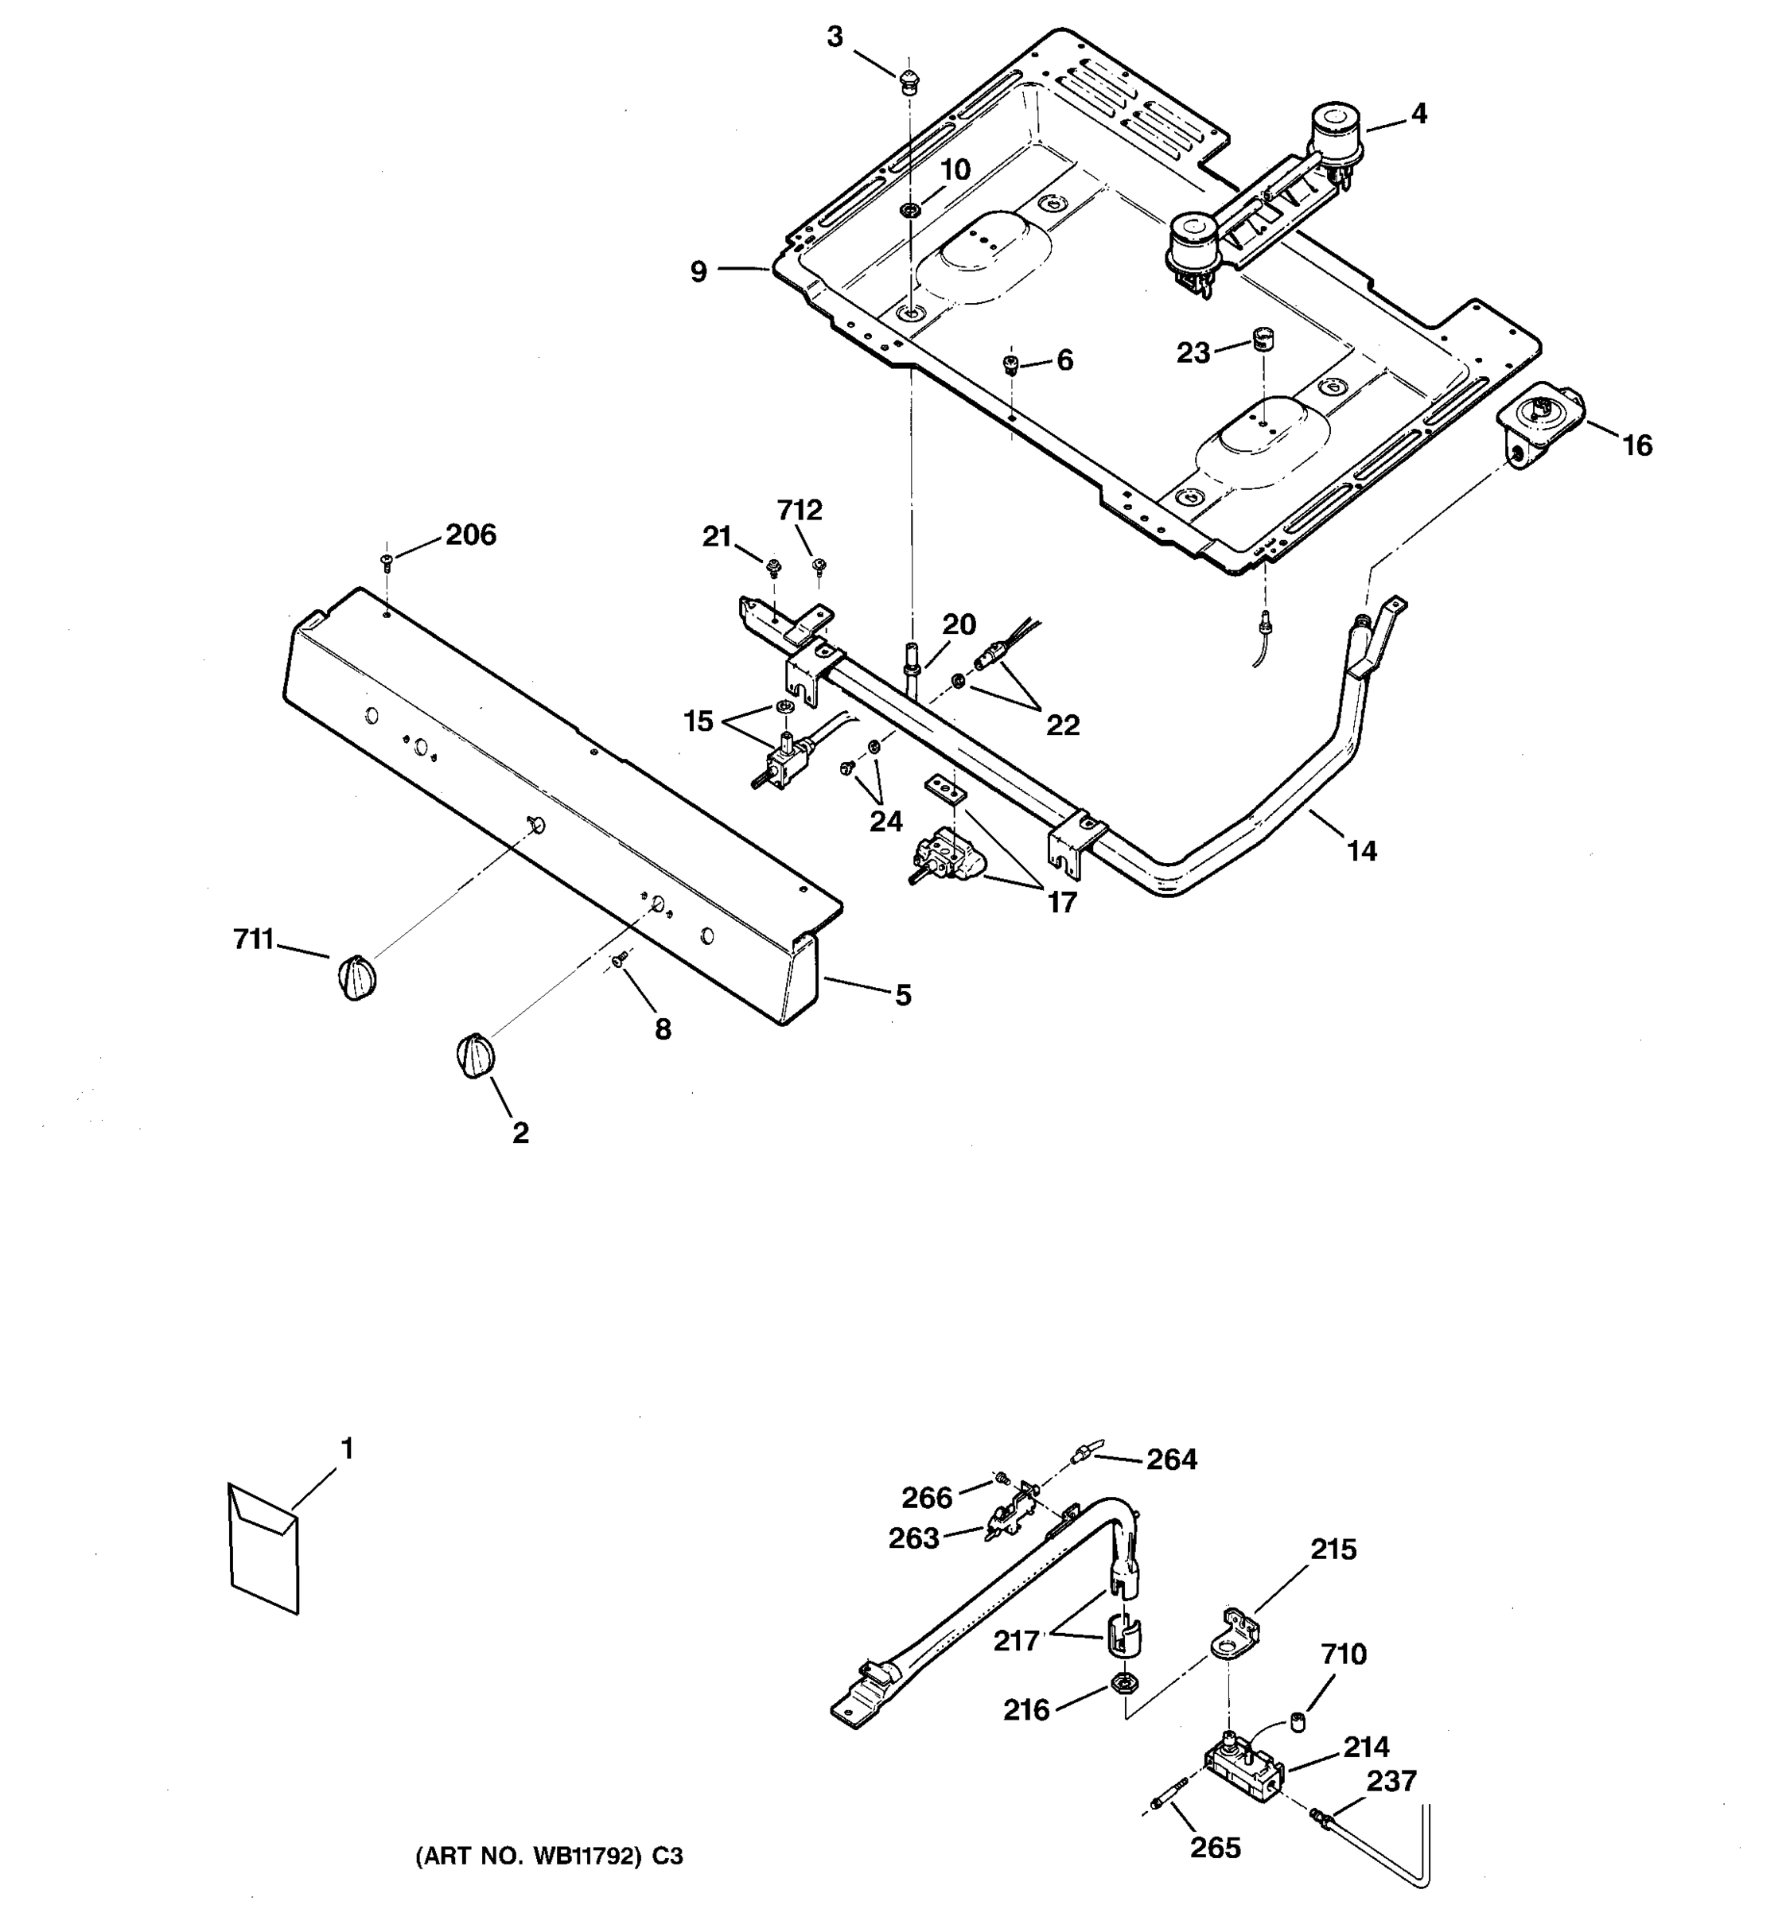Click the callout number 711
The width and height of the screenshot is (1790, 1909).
pos(254,938)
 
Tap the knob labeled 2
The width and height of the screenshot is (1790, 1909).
pos(473,1056)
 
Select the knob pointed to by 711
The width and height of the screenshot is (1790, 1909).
pos(356,978)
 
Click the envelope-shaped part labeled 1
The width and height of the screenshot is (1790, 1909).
pos(263,1547)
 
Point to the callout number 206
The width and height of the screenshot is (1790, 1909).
pos(470,535)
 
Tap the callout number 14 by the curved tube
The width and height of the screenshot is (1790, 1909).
pos(1360,850)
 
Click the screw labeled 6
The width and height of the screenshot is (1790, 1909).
pos(1010,364)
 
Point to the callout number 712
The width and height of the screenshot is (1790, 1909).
pos(799,510)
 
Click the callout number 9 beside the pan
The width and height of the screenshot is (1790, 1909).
pos(698,272)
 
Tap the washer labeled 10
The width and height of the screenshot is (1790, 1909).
pos(909,209)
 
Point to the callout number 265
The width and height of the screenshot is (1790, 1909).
pos(1215,1848)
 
